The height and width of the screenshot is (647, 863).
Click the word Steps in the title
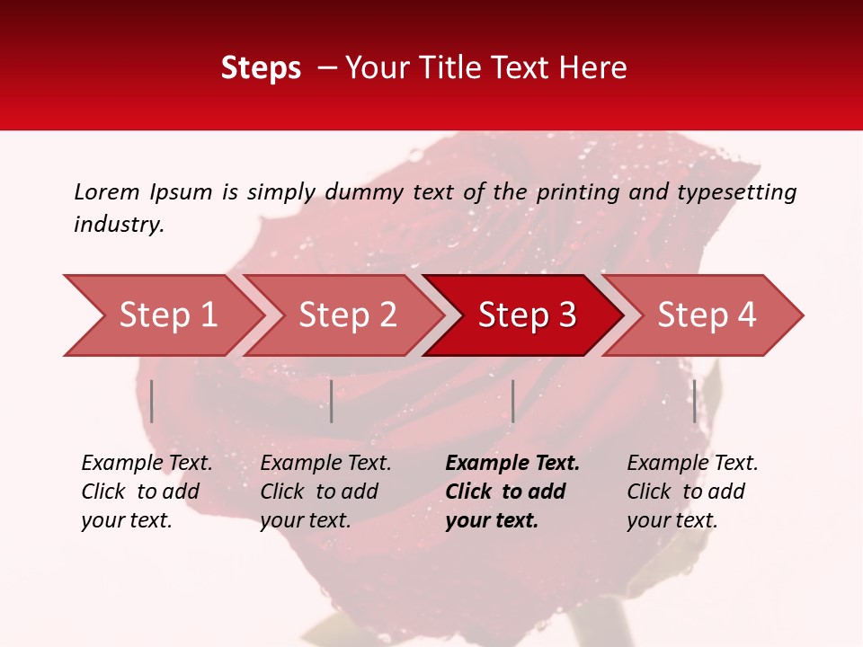click(x=261, y=68)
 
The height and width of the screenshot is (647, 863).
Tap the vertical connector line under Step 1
click(x=152, y=401)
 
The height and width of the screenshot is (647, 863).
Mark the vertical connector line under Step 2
click(x=332, y=401)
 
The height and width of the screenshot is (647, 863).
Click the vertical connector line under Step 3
click(x=512, y=401)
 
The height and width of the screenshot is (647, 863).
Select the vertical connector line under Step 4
click(x=694, y=401)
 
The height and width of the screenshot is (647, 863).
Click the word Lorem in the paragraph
click(x=107, y=191)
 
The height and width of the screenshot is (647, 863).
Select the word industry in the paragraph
click(x=117, y=224)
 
